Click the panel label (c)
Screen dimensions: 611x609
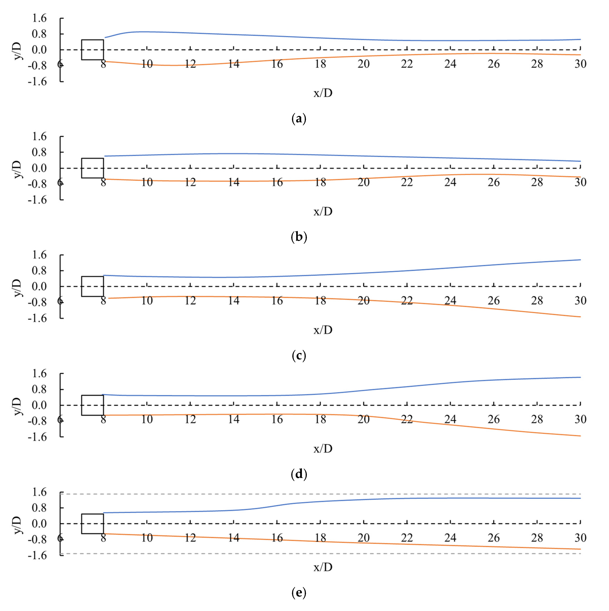(299, 356)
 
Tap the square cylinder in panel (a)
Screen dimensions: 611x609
(92, 50)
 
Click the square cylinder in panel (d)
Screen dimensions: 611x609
(92, 405)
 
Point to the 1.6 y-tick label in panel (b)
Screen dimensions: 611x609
(39, 137)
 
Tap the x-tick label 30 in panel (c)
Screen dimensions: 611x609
(580, 301)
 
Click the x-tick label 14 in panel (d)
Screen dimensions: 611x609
(234, 419)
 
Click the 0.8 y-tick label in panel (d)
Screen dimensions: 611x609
(39, 389)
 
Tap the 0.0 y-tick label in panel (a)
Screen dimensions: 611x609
(39, 50)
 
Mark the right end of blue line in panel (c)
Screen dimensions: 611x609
(580, 260)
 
